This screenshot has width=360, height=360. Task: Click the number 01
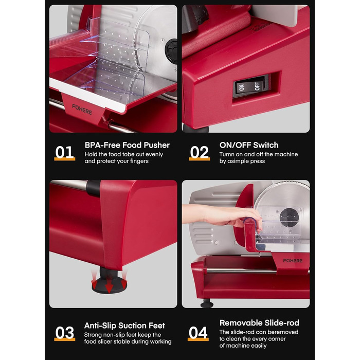pyautogui.click(x=64, y=152)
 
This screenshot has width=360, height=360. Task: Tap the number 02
pyautogui.click(x=200, y=152)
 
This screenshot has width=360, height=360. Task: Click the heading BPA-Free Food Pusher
pyautogui.click(x=127, y=145)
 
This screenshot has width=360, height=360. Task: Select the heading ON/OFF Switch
pyautogui.click(x=249, y=145)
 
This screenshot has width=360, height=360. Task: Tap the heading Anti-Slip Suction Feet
pyautogui.click(x=124, y=326)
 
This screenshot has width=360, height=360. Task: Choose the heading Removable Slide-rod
pyautogui.click(x=259, y=323)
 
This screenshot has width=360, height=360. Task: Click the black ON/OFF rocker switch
pyautogui.click(x=251, y=86)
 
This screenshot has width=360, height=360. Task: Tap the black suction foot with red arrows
pyautogui.click(x=109, y=282)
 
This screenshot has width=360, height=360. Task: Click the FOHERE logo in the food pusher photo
pyautogui.click(x=82, y=109)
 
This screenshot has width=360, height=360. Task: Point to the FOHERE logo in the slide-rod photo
pyautogui.click(x=293, y=261)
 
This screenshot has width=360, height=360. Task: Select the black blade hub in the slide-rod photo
pyautogui.click(x=289, y=217)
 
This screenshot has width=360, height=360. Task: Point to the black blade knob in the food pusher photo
pyautogui.click(x=172, y=51)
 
